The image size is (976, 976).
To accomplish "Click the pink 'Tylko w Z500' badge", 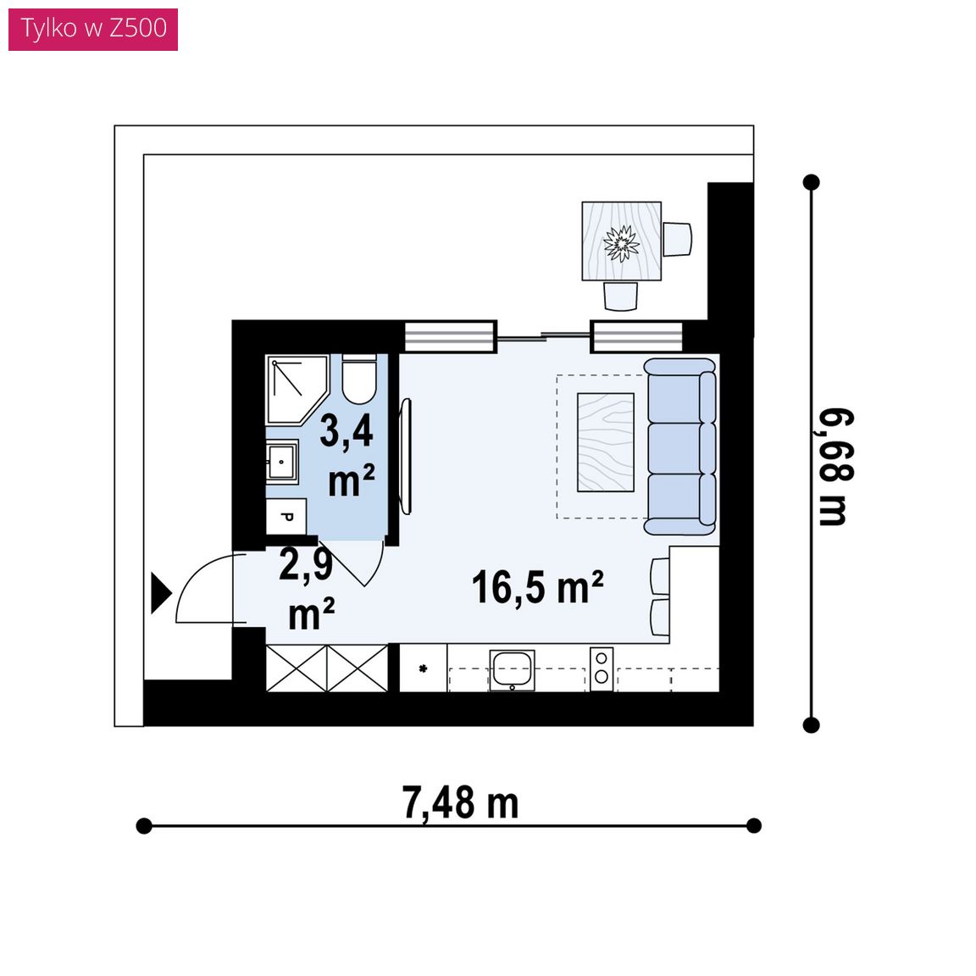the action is coord(92,30).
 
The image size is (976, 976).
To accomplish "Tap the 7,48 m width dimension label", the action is coord(460,803).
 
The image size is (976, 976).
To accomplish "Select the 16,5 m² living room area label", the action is coord(538,587).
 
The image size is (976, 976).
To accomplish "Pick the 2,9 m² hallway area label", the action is coord(307,588).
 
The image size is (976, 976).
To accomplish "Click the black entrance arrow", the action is coord(161,593).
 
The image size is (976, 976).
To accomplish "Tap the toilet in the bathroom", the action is coord(359,379).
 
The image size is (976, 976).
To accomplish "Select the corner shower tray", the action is coord(297,390).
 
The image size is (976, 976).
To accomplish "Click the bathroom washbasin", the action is coord(282,461).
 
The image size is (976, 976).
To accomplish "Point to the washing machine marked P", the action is coord(286,517).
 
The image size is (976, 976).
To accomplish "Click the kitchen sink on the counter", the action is coord(512,670).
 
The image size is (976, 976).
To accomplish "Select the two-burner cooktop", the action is coord(602,668).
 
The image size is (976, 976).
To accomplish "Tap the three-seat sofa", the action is coord(681,446).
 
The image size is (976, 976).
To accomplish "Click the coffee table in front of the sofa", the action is coord(605,442).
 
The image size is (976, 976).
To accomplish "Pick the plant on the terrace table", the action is coord(621,243).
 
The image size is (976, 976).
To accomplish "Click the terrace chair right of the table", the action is coord(677,239).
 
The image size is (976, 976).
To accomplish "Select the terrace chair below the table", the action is coord(620,297).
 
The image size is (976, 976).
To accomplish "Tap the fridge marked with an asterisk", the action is coord(423,668).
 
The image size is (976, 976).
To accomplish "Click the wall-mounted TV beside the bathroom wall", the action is coord(406,457).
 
